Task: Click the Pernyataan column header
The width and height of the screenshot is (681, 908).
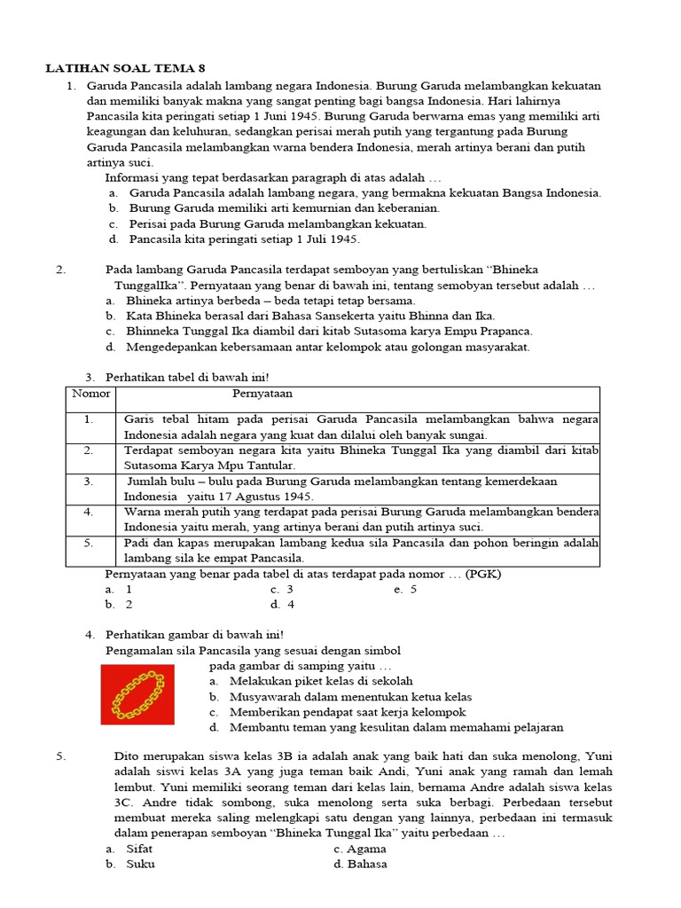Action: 262,393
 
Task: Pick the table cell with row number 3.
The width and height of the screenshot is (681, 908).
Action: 90,481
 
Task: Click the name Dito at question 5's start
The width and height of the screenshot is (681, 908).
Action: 128,755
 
